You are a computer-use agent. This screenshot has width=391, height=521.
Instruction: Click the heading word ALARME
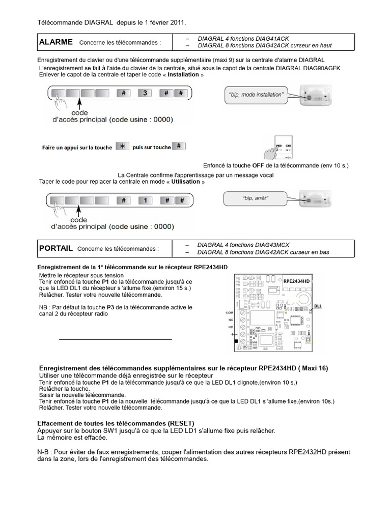pos(55,42)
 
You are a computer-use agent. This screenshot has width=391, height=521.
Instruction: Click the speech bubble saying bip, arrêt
pos(254,198)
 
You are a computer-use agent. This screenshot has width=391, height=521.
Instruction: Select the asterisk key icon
pos(122,147)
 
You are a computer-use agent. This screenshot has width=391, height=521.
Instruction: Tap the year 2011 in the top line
pos(177,22)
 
